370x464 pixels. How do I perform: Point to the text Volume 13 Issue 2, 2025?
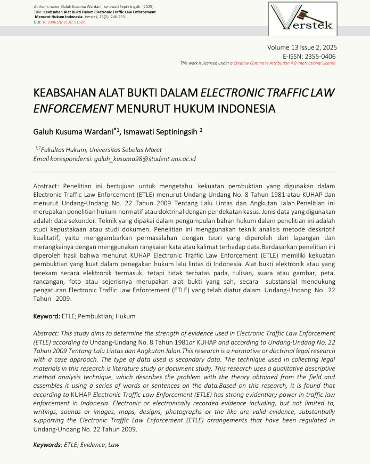pos(301,48)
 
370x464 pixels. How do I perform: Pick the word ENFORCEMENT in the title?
pos(73,109)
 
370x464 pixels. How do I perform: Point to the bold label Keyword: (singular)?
pos(47,317)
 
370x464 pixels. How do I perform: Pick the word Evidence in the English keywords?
pos(92,444)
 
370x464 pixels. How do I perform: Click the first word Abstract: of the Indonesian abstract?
pos(47,186)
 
